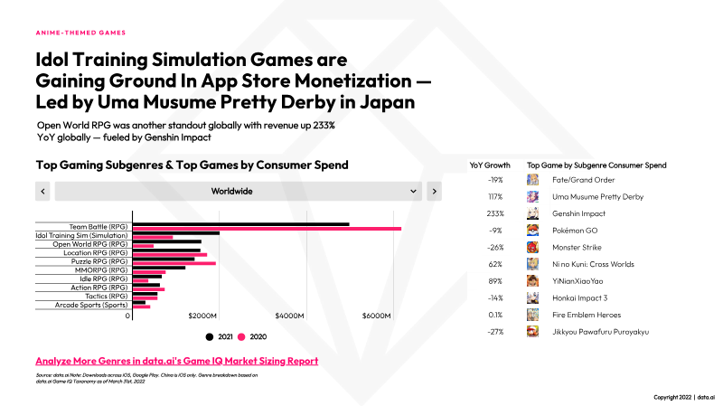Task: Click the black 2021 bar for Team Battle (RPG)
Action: tap(240, 224)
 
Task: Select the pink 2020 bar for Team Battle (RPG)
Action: tap(267, 229)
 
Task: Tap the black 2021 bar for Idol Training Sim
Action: tap(176, 233)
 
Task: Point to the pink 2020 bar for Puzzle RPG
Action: tap(174, 263)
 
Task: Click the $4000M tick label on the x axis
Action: tap(289, 316)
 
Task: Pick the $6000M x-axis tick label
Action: tap(376, 316)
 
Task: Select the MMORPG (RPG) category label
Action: tap(101, 269)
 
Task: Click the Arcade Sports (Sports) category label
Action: tap(91, 305)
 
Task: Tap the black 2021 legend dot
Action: tap(210, 336)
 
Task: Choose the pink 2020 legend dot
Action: tap(241, 336)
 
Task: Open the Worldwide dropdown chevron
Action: tap(413, 191)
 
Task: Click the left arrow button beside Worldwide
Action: tap(42, 191)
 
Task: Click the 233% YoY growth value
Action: tap(495, 213)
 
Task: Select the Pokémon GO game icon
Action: tap(532, 231)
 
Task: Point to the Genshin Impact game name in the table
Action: tap(578, 213)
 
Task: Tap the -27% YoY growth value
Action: tap(495, 332)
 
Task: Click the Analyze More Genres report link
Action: tap(176, 361)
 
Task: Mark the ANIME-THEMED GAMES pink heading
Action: tap(80, 33)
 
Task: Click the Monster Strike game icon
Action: tap(532, 247)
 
